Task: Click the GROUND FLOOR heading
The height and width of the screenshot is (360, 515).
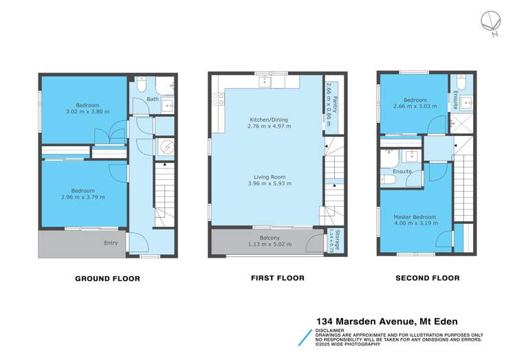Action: click(107, 278)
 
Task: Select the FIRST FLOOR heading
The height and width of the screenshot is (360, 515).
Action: click(275, 278)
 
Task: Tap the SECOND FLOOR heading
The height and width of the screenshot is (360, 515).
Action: click(427, 278)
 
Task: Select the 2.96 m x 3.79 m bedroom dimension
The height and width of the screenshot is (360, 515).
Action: click(83, 197)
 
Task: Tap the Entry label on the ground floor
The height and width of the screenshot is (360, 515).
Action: click(111, 243)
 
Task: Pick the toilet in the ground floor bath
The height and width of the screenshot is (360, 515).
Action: click(139, 85)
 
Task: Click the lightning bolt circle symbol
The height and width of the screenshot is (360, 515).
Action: click(164, 147)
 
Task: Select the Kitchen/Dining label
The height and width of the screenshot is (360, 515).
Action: click(268, 120)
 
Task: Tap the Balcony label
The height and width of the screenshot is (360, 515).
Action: click(265, 238)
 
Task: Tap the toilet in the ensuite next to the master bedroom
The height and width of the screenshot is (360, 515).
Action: click(388, 179)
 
